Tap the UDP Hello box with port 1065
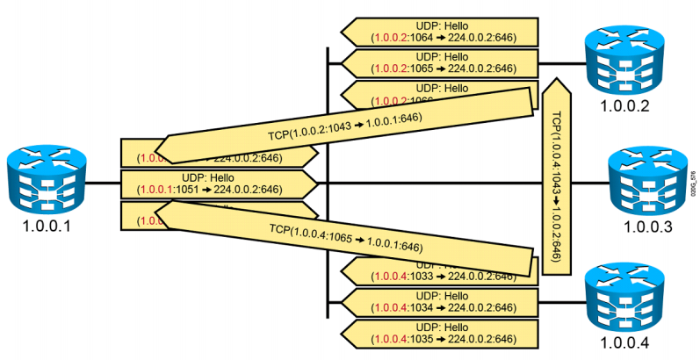pos(440,61)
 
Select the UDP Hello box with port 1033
pos(440,270)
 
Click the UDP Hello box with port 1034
pos(440,301)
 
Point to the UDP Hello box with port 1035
pos(440,334)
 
